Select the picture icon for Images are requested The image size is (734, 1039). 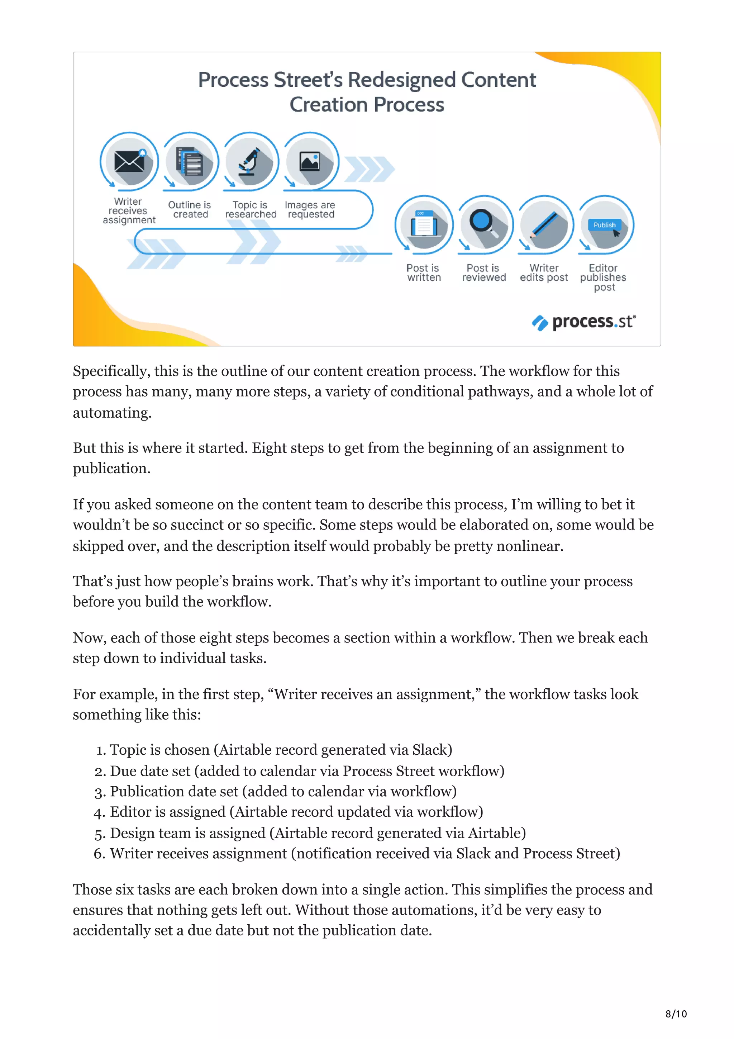(x=310, y=161)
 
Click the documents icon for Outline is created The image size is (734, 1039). (x=190, y=162)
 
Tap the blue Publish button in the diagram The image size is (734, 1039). (x=604, y=225)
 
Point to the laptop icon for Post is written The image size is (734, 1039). (x=424, y=224)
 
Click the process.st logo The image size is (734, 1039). (x=584, y=322)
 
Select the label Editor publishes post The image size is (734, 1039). (x=603, y=277)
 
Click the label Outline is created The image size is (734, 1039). (x=190, y=209)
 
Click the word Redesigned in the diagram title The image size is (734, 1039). (x=401, y=80)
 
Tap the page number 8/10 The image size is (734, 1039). (x=676, y=1014)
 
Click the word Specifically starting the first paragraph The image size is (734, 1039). (x=111, y=371)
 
